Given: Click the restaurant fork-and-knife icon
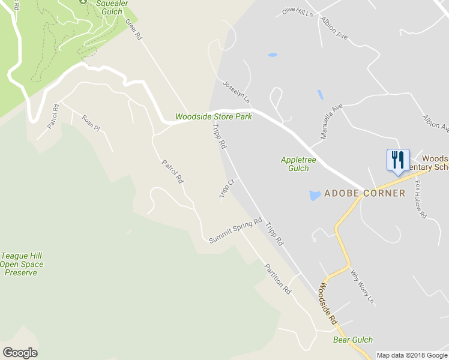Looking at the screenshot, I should pyautogui.click(x=398, y=160).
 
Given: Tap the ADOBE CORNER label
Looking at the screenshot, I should pyautogui.click(x=364, y=193).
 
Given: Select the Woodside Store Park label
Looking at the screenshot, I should pyautogui.click(x=213, y=117).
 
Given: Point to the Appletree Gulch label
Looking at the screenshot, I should pyautogui.click(x=295, y=164).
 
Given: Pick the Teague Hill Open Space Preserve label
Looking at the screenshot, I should pyautogui.click(x=22, y=264).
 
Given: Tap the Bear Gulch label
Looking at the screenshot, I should pyautogui.click(x=353, y=340).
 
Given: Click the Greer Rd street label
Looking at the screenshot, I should pyautogui.click(x=134, y=28).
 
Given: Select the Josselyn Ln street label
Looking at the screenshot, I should pyautogui.click(x=235, y=91).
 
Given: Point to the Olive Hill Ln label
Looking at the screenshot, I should pyautogui.click(x=298, y=13).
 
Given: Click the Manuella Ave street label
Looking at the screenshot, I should pyautogui.click(x=331, y=121).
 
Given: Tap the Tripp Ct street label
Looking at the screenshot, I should pyautogui.click(x=226, y=188).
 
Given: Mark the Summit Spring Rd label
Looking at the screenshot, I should pyautogui.click(x=236, y=231).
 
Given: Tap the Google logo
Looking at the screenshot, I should pyautogui.click(x=20, y=353).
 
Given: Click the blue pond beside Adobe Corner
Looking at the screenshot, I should pyautogui.click(x=314, y=196).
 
